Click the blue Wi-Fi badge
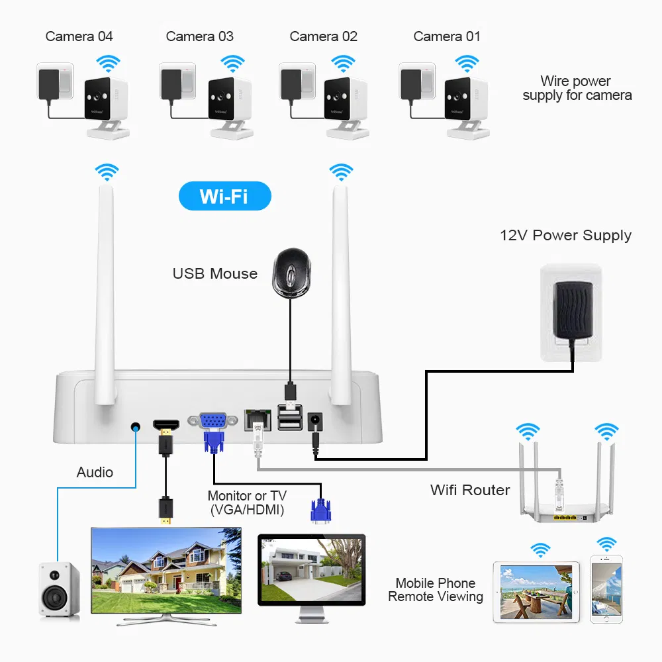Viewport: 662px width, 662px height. pyautogui.click(x=225, y=197)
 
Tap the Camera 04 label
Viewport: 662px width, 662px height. pyautogui.click(x=79, y=36)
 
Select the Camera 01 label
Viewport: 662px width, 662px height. pyautogui.click(x=447, y=36)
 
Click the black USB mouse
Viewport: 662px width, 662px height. pyautogui.click(x=290, y=271)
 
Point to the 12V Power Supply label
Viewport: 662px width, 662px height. pyautogui.click(x=565, y=236)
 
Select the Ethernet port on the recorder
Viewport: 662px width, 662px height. pyautogui.click(x=258, y=418)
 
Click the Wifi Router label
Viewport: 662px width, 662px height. pyautogui.click(x=470, y=491)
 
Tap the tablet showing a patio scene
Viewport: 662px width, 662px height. pyautogui.click(x=536, y=592)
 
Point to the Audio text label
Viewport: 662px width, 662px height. pyautogui.click(x=95, y=473)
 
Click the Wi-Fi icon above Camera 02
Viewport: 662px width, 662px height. pyautogui.click(x=342, y=64)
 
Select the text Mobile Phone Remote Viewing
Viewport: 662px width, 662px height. pyautogui.click(x=436, y=590)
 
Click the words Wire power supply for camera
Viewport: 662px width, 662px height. pyautogui.click(x=577, y=89)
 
